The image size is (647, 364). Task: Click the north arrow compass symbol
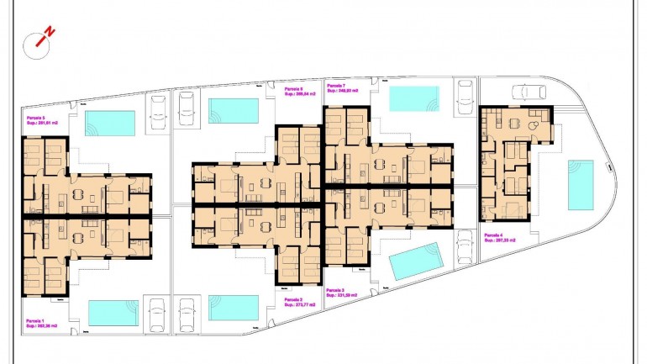pyautogui.click(x=39, y=42)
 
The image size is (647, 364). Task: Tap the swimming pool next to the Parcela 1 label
pyautogui.click(x=113, y=314)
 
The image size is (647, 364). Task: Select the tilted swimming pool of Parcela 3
pyautogui.click(x=417, y=261)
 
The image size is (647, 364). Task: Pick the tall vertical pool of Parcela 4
pyautogui.click(x=581, y=184)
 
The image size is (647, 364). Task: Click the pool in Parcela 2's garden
pyautogui.click(x=234, y=307)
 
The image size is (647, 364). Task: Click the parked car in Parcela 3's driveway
pyautogui.click(x=464, y=249)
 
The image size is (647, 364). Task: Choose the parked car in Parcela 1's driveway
pyautogui.click(x=155, y=315)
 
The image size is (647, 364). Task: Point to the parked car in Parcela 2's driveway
pyautogui.click(x=187, y=312)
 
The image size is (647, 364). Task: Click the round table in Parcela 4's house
pyautogui.click(x=534, y=123)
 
